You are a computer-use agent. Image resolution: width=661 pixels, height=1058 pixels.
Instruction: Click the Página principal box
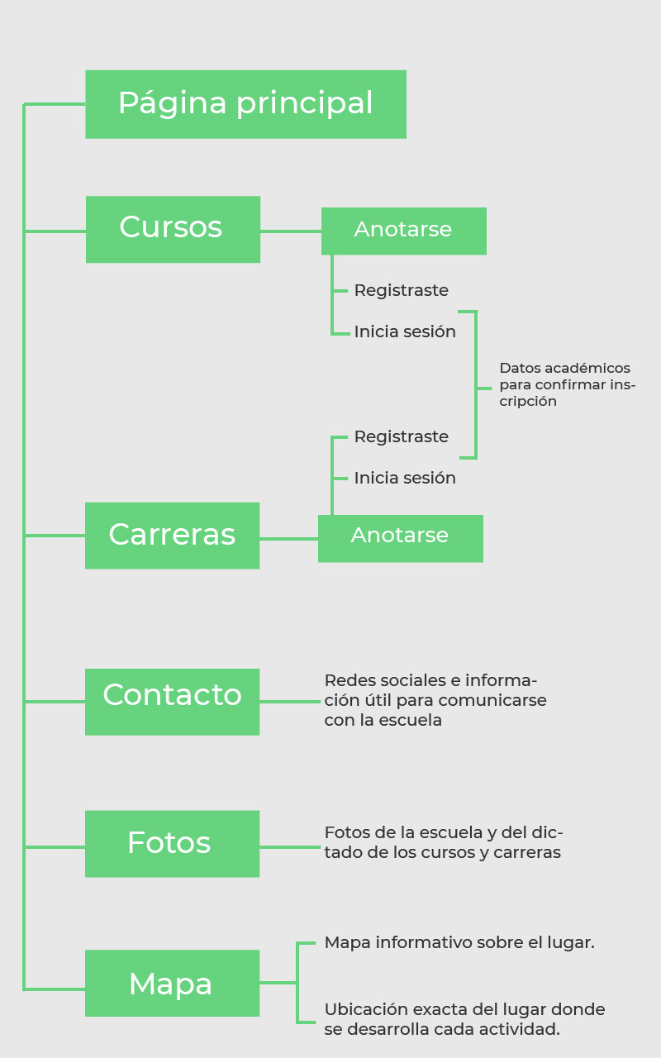245,104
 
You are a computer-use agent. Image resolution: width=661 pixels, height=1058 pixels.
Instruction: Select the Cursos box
173,229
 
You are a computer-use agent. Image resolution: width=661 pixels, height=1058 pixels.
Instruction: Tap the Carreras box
172,536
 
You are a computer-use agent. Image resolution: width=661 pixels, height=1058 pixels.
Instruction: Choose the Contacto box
172,702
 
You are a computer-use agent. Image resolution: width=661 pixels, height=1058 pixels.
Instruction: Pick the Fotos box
172,843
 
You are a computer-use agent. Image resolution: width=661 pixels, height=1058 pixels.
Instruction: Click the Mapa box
172,983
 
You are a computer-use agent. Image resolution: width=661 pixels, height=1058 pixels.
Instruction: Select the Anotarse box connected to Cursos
403,231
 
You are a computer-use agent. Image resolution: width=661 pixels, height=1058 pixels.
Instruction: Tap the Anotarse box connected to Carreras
400,538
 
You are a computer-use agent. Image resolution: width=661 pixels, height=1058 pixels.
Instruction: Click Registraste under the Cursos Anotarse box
402,291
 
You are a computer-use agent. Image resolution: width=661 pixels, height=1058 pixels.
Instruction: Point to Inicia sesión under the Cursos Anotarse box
405,332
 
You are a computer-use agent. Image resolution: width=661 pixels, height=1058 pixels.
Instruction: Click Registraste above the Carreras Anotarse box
402,436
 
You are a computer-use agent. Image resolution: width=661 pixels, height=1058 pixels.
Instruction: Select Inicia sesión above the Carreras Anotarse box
405,478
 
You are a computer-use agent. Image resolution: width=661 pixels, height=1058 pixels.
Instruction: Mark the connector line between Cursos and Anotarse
290,231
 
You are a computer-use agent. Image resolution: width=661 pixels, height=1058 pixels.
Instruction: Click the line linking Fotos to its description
290,846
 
